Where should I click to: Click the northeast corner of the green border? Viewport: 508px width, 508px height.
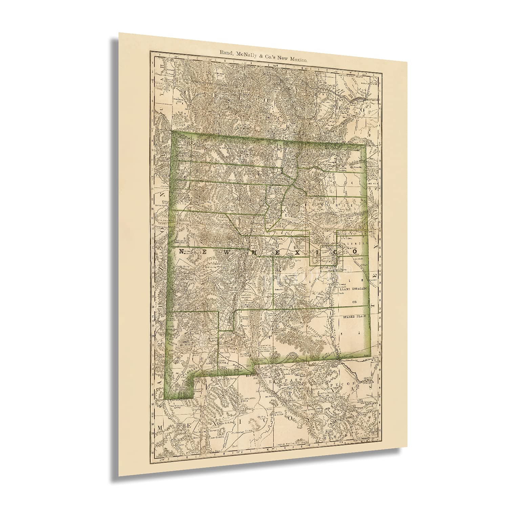click(365, 146)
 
